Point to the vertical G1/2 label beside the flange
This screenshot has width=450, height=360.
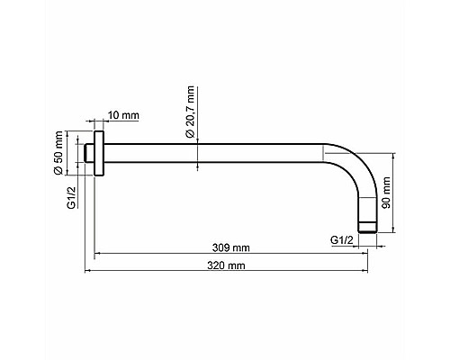click(x=71, y=190)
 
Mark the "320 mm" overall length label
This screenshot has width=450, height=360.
click(x=226, y=266)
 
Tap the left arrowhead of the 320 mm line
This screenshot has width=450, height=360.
click(x=88, y=271)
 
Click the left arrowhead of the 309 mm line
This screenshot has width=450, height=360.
click(x=99, y=253)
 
